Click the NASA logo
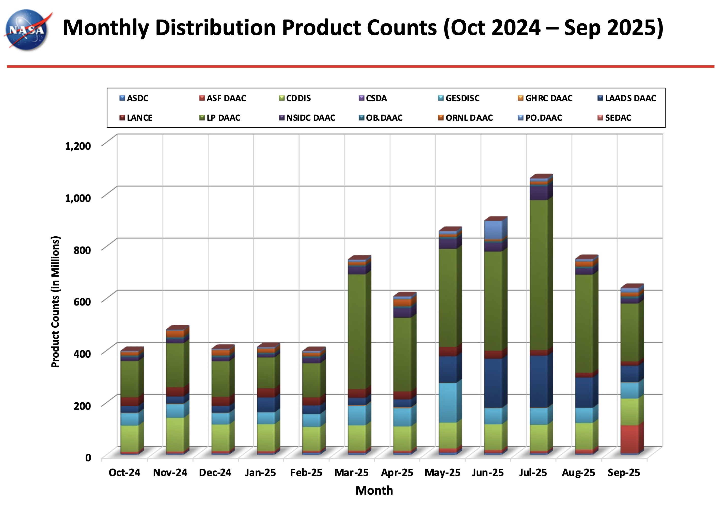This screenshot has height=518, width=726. pyautogui.click(x=27, y=30)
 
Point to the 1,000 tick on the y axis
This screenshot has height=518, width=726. pyautogui.click(x=78, y=198)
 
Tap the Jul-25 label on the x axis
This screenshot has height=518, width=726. pyautogui.click(x=533, y=473)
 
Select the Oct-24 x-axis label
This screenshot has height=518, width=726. pyautogui.click(x=124, y=473)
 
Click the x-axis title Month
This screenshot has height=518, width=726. pyautogui.click(x=374, y=491)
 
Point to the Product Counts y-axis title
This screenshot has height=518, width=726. pyautogui.click(x=55, y=301)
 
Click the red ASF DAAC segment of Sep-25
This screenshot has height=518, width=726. pyautogui.click(x=629, y=439)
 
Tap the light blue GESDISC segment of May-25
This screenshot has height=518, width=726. pyautogui.click(x=448, y=403)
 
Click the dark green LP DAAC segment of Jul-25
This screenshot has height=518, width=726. pyautogui.click(x=539, y=274)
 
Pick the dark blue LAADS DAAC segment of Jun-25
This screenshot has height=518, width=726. pyautogui.click(x=493, y=383)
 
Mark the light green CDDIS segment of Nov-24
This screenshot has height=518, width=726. pyautogui.click(x=175, y=434)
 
